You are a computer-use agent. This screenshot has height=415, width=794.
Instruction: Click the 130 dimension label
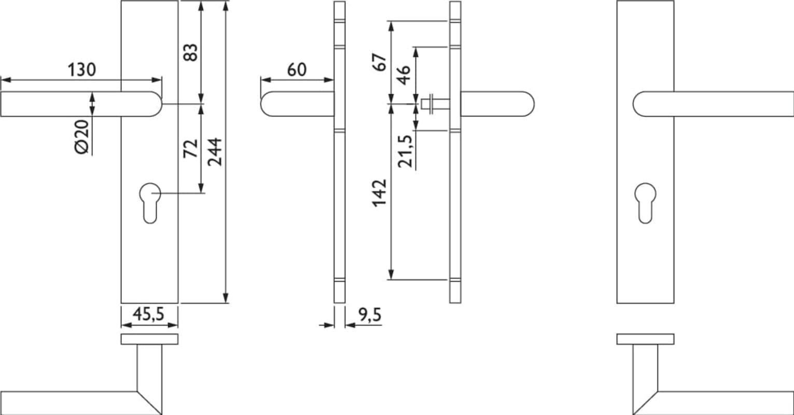tap(81, 70)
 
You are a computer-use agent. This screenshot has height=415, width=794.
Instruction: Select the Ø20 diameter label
tap(82, 137)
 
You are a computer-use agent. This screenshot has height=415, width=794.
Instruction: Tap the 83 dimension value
tap(190, 52)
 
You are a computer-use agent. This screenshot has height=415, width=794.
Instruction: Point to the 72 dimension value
tap(190, 148)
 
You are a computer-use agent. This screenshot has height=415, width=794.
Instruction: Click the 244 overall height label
tap(215, 152)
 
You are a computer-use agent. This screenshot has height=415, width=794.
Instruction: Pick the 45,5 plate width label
tap(148, 314)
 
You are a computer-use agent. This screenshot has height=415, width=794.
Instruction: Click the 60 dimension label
tap(297, 70)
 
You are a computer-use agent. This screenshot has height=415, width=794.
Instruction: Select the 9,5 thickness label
tap(370, 315)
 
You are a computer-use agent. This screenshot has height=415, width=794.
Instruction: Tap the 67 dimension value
tap(379, 62)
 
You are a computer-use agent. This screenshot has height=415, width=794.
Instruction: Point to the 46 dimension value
tap(403, 75)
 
